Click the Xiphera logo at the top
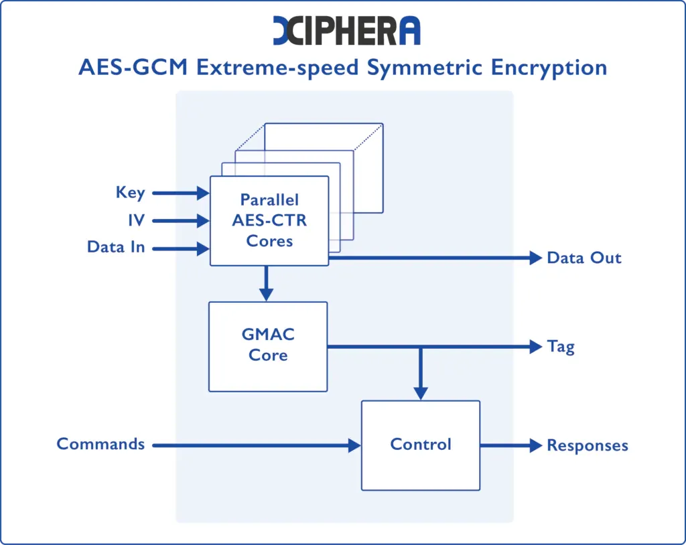click(347, 31)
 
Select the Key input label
click(130, 193)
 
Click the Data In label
click(116, 247)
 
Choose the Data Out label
click(584, 258)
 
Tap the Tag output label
click(561, 347)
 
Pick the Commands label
click(100, 444)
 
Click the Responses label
click(588, 445)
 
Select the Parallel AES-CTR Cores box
click(269, 220)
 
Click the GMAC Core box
click(268, 345)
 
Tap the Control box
click(421, 445)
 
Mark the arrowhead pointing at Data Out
click(535, 258)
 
